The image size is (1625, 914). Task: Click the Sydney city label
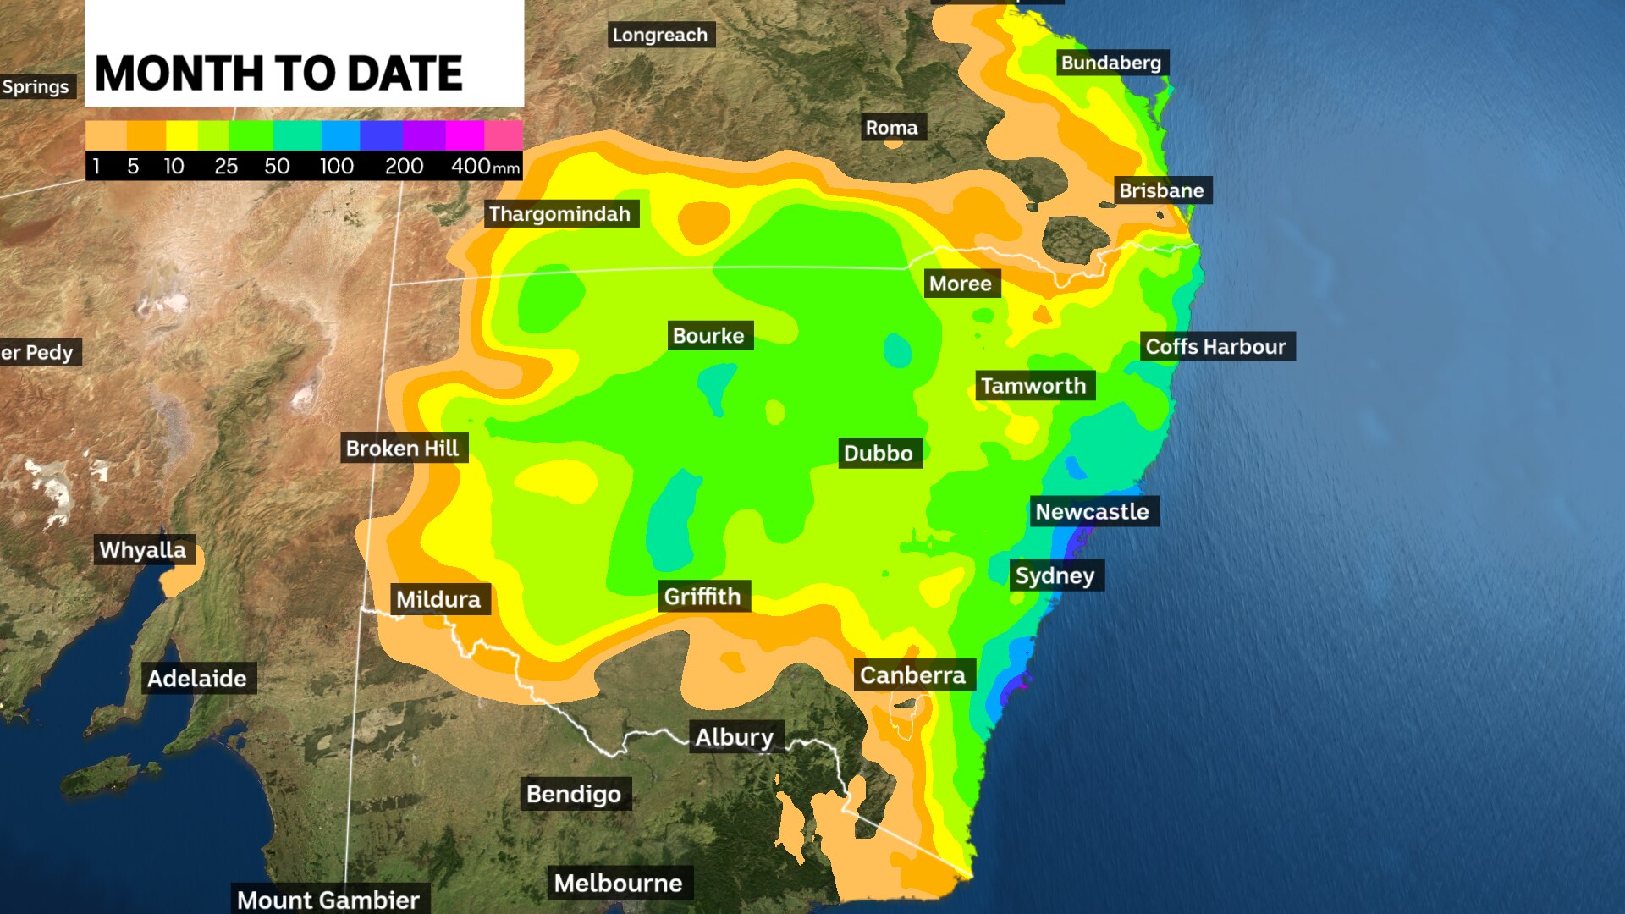(x=1055, y=576)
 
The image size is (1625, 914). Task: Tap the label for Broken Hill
(x=403, y=449)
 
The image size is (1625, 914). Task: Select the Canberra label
(x=913, y=675)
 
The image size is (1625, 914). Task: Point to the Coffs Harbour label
(x=1216, y=347)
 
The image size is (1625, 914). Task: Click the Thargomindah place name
(x=560, y=214)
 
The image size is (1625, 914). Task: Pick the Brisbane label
(x=1161, y=191)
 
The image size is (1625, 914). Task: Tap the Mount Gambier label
(x=328, y=900)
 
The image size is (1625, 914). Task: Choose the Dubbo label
(x=879, y=454)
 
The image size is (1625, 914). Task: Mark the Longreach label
(x=660, y=36)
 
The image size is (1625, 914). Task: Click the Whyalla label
(x=143, y=550)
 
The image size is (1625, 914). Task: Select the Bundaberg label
(x=1111, y=63)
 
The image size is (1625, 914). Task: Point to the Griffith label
(x=702, y=597)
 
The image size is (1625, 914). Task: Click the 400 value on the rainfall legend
(x=471, y=167)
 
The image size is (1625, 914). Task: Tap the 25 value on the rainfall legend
(x=226, y=167)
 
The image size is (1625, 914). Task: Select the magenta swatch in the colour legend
(x=465, y=135)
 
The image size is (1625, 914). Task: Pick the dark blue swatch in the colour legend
(x=381, y=135)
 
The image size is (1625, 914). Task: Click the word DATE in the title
(x=405, y=74)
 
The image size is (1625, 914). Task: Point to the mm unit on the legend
(x=506, y=168)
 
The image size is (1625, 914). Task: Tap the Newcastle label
(x=1093, y=512)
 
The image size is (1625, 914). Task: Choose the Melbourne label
(x=619, y=884)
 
